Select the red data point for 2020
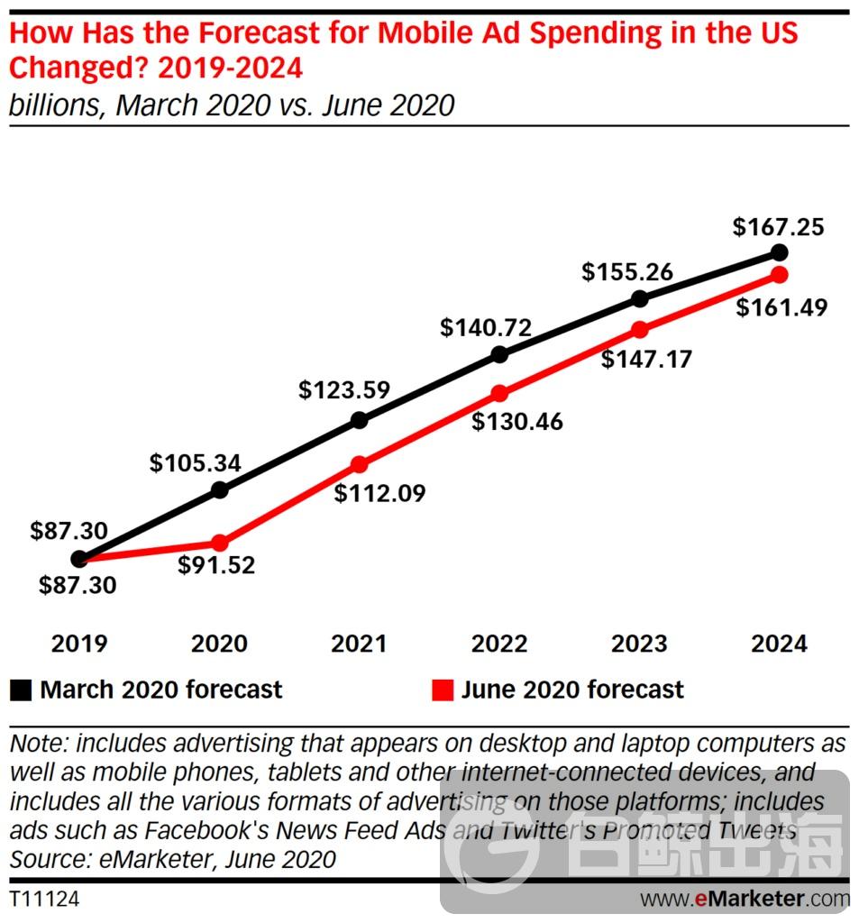(x=220, y=543)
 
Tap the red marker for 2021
(x=360, y=465)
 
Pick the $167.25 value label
(x=780, y=227)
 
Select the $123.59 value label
(x=344, y=391)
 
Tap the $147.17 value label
(x=647, y=360)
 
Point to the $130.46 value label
(x=517, y=421)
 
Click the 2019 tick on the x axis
(x=79, y=644)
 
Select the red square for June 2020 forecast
(x=441, y=690)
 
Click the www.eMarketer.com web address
(x=745, y=900)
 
